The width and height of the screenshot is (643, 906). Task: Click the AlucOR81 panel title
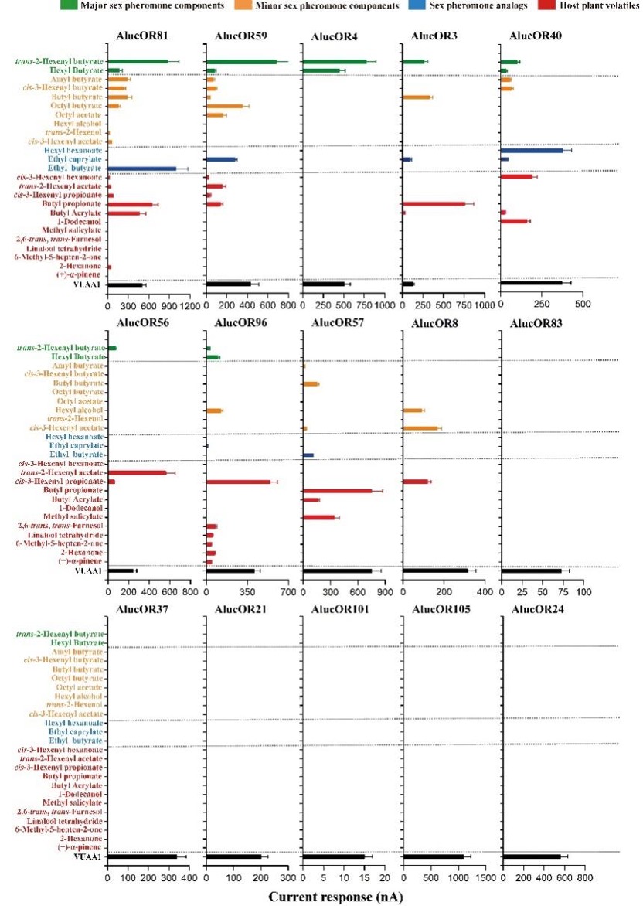click(142, 36)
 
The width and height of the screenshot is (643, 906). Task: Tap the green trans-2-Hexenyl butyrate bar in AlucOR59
click(242, 62)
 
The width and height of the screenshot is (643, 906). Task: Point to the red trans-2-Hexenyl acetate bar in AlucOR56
click(137, 472)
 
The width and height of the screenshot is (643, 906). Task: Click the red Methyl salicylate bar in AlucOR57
click(319, 517)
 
